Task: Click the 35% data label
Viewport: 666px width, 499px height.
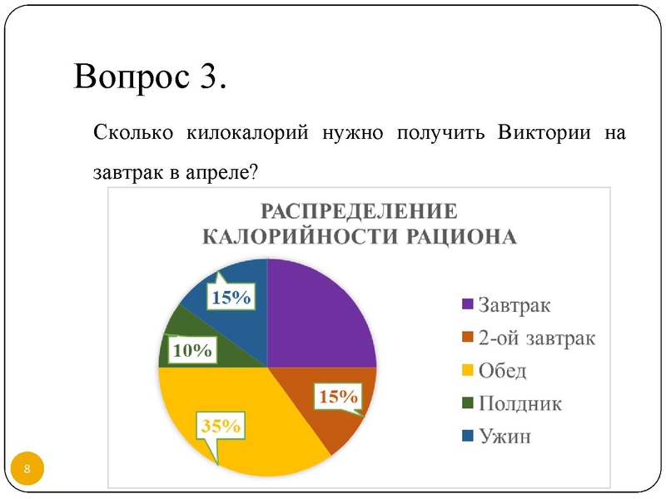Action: [221, 427]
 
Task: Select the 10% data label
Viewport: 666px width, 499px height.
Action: [191, 351]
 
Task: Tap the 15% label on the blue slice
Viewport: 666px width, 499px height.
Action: [231, 297]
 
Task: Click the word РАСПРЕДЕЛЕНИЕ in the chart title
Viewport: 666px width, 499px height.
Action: [360, 210]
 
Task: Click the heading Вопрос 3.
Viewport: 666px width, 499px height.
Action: [150, 77]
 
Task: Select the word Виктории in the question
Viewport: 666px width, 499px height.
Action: [544, 132]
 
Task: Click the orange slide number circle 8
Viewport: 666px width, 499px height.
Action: [27, 470]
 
